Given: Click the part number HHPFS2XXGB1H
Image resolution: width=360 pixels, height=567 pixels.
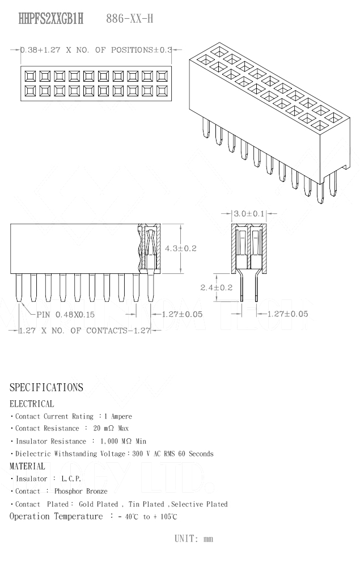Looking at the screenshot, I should pos(51,19).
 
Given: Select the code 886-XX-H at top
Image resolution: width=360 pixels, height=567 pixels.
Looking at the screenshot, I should pos(130,19).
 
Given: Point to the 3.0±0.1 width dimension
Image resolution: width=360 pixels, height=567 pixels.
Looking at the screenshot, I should pos(249,214).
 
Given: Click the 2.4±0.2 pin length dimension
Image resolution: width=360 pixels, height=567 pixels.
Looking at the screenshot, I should pos(217,287).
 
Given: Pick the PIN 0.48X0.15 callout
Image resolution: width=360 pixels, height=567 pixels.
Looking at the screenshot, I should pos(66,314).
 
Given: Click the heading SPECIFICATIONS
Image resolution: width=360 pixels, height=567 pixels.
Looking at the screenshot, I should pos(46,388).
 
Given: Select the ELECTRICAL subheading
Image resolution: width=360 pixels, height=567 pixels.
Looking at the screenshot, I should pos(32,404).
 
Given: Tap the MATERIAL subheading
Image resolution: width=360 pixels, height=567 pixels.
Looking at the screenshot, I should pos(27,466).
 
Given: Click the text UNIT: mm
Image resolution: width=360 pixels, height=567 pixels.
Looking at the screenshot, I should pos(194,539).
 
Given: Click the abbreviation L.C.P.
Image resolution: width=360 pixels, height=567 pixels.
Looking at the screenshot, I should pos(71,479).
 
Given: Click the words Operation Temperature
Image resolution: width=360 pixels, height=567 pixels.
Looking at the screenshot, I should pos(56,517).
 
